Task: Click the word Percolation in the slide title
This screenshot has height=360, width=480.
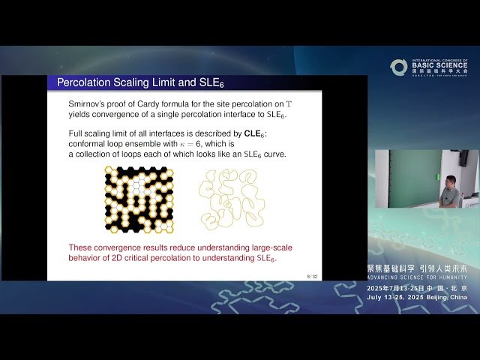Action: (x=85, y=82)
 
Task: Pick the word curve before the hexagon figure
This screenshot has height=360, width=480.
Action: (x=272, y=154)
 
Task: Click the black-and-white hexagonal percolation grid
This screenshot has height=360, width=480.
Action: (x=139, y=199)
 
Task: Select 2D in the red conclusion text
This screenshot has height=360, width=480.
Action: (x=112, y=258)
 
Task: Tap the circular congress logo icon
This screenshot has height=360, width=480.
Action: (x=398, y=67)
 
